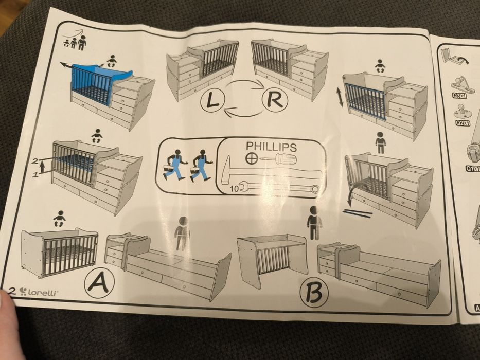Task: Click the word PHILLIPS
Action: (271, 147)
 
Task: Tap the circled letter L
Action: (213, 101)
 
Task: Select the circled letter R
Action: (275, 100)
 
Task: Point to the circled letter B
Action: (314, 293)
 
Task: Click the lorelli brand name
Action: (43, 292)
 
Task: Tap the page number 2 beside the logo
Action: (12, 291)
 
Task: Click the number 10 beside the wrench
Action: (234, 189)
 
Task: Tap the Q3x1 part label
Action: (459, 96)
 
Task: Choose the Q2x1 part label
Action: (463, 123)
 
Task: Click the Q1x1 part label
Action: (473, 168)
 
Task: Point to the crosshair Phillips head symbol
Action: (250, 158)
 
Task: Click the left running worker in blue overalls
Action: (174, 165)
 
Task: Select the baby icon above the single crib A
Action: (59, 219)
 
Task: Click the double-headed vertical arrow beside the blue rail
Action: (340, 97)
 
